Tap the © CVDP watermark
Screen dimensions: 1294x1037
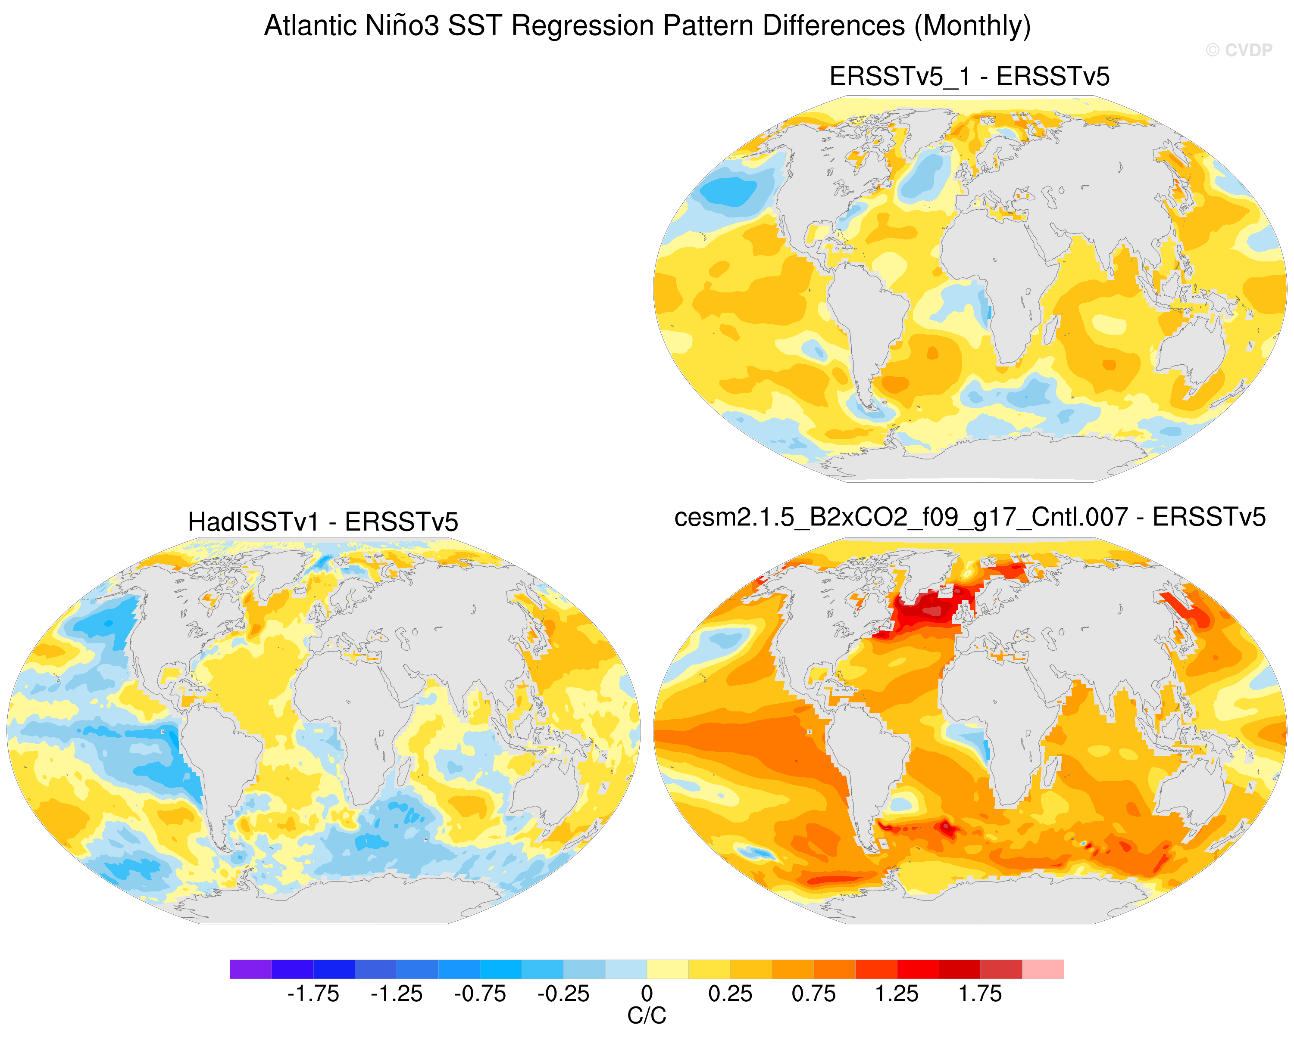pyautogui.click(x=1239, y=50)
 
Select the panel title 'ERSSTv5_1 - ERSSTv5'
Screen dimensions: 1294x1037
pyautogui.click(x=969, y=77)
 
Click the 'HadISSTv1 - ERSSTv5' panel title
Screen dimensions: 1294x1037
pyautogui.click(x=323, y=522)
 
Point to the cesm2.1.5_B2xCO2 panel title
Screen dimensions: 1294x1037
pyautogui.click(x=970, y=517)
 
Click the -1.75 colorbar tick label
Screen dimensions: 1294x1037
pyautogui.click(x=313, y=994)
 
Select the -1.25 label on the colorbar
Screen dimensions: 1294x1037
pyautogui.click(x=397, y=994)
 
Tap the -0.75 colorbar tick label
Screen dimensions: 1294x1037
pyautogui.click(x=480, y=994)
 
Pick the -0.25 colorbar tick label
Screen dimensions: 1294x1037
pyautogui.click(x=563, y=994)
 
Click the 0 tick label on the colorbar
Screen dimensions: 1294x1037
pyautogui.click(x=647, y=994)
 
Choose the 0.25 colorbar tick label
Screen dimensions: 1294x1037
pyautogui.click(x=731, y=994)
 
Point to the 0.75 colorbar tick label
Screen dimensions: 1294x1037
pyautogui.click(x=814, y=994)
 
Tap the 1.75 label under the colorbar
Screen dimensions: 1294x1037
pyautogui.click(x=981, y=994)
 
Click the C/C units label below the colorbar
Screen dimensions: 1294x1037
pyautogui.click(x=647, y=1016)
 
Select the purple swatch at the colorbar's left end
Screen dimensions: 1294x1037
pyautogui.click(x=251, y=969)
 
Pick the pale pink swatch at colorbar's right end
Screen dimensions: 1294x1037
pyautogui.click(x=1043, y=969)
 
